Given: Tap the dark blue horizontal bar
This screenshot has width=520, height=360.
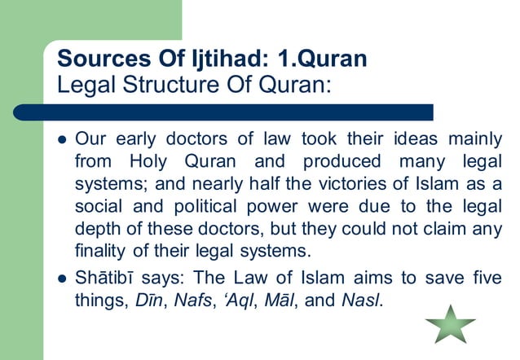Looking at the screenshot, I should pyautogui.click(x=220, y=112).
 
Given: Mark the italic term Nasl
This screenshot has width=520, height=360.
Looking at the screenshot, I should pyautogui.click(x=364, y=301).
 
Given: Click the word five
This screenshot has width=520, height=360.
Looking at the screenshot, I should pyautogui.click(x=487, y=279).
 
